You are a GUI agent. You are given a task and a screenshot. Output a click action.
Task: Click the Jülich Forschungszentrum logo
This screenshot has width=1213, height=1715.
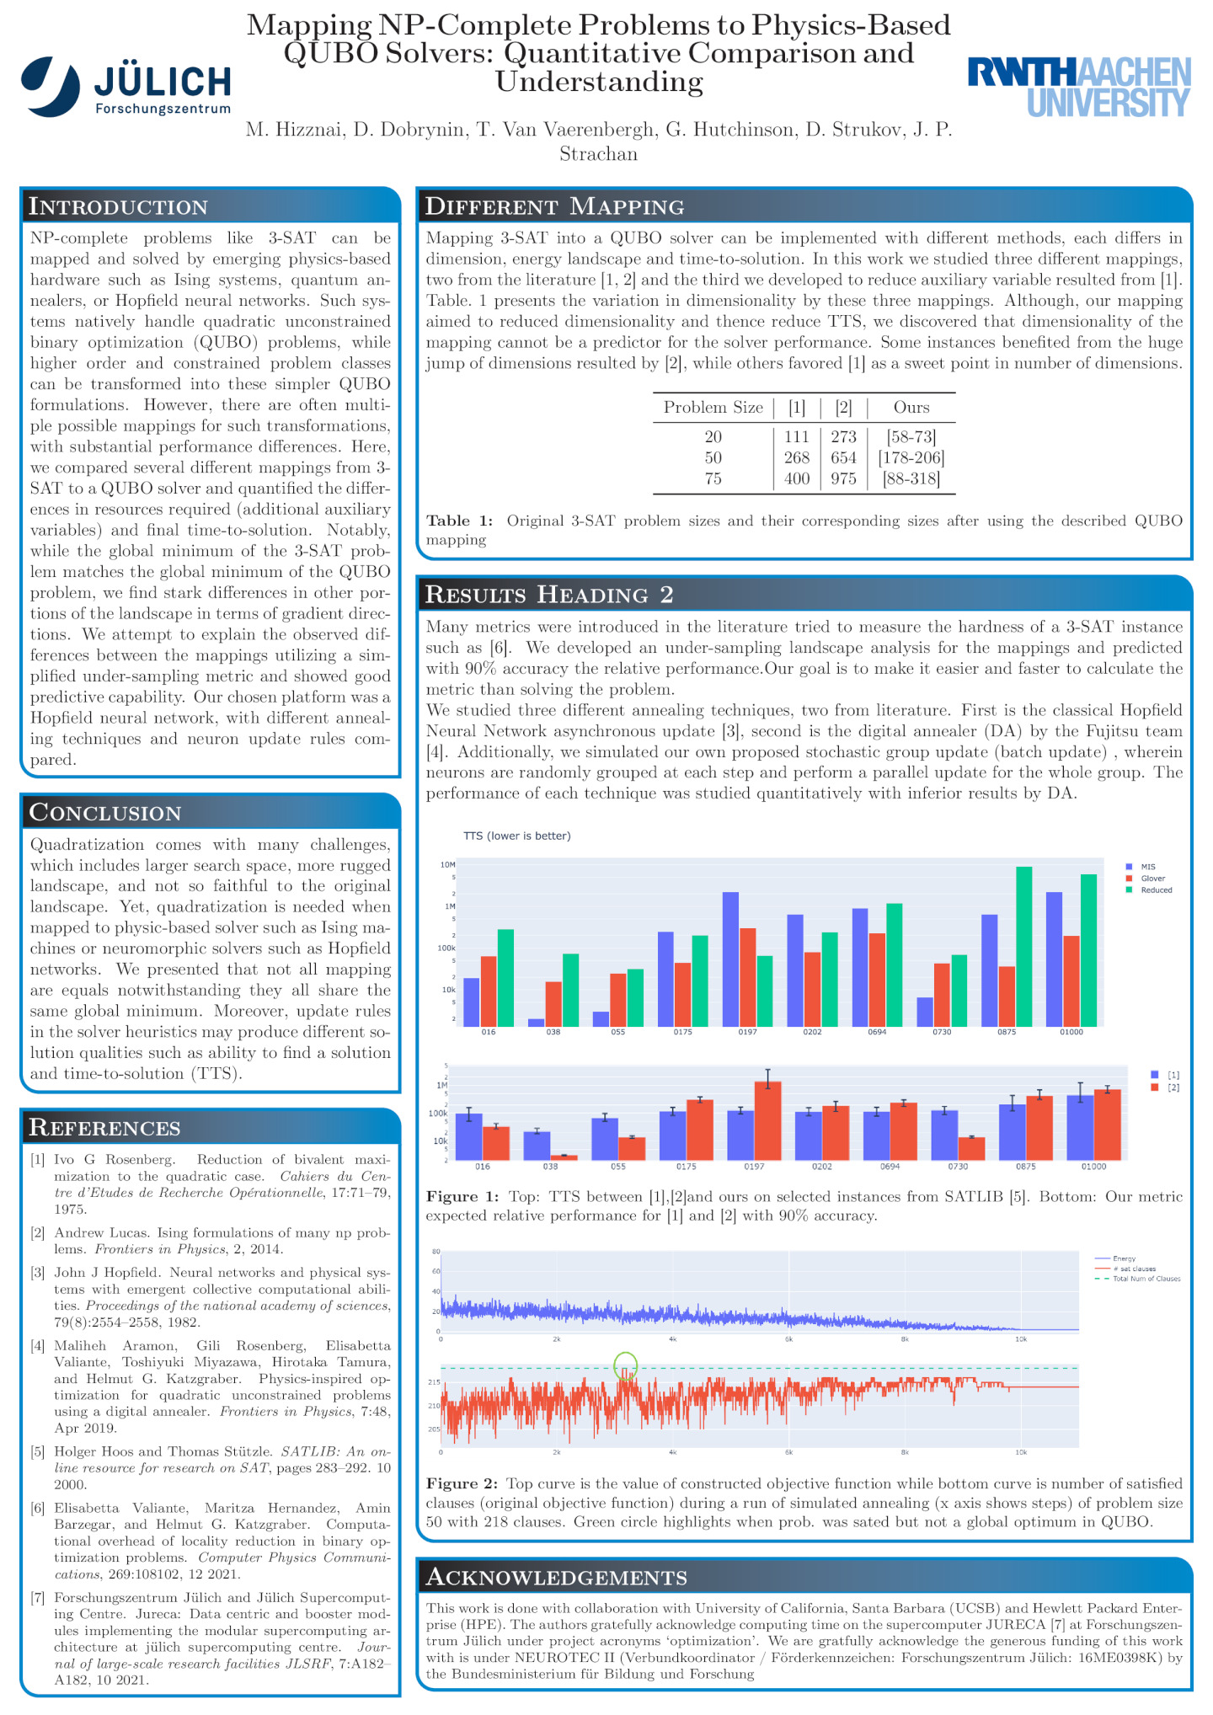[126, 86]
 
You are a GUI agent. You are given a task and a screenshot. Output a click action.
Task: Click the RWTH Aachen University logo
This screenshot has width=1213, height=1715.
[1079, 86]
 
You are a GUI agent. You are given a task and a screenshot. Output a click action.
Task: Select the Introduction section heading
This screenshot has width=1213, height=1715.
[119, 206]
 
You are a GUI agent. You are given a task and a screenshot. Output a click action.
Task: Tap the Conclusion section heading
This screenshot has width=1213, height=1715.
[105, 812]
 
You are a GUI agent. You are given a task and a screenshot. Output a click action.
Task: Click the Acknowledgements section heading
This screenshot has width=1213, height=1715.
[557, 1577]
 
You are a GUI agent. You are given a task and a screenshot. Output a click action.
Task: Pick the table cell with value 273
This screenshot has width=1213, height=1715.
[843, 436]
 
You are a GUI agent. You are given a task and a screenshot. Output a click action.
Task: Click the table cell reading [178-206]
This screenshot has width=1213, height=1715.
[911, 457]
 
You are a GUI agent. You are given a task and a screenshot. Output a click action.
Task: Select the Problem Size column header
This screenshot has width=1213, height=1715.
[713, 408]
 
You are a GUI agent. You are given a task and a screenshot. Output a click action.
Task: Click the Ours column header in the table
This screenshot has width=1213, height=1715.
[911, 408]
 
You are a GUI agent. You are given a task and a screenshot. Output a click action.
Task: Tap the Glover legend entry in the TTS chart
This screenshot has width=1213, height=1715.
[1152, 879]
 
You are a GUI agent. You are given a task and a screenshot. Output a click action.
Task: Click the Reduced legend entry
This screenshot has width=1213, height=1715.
[1155, 890]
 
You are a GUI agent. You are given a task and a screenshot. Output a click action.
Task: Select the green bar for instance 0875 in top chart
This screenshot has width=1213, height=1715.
[1023, 946]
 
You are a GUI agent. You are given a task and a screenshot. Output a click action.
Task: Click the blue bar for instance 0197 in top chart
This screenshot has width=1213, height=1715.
[730, 959]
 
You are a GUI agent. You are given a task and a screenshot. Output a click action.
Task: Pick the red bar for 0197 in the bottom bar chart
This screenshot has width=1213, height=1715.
[767, 1120]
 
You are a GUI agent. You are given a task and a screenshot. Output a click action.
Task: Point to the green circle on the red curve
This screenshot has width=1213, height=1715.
[626, 1365]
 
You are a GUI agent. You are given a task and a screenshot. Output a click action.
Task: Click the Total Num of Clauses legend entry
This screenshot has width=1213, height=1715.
[1146, 1279]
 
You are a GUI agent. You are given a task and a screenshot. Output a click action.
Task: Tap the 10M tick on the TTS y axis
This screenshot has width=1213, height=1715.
[447, 865]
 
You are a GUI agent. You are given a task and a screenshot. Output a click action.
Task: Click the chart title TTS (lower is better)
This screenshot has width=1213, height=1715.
[517, 836]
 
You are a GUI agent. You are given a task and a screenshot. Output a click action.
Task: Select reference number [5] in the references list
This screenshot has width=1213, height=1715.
[38, 1452]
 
